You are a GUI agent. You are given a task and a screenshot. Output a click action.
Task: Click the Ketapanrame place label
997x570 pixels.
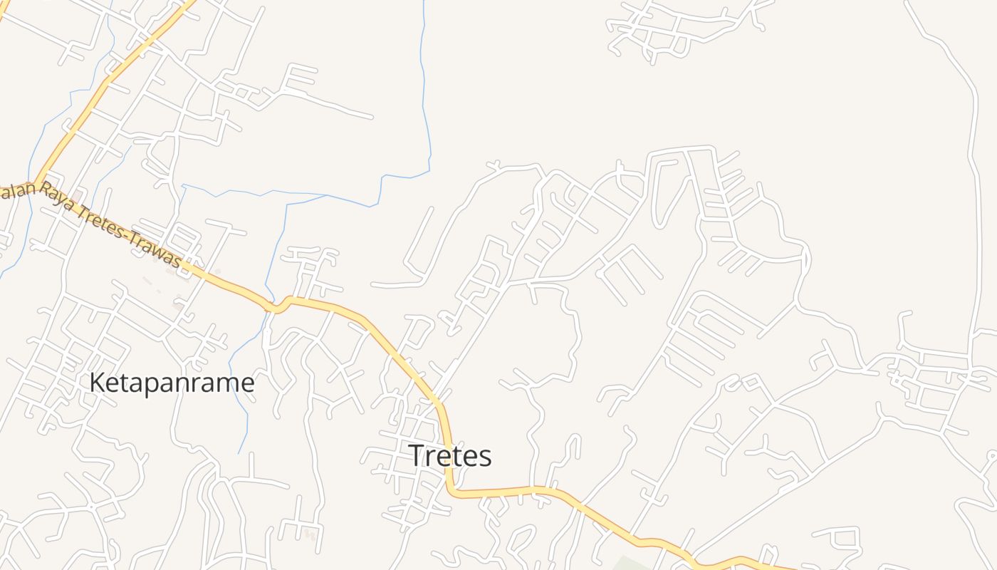pos(172,383)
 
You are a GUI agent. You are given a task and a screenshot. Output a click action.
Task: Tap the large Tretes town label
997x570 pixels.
pos(449,456)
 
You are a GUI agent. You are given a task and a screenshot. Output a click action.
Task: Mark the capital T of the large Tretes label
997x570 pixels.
pos(415,456)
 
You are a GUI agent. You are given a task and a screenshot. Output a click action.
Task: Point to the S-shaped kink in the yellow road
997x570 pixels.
pos(279,305)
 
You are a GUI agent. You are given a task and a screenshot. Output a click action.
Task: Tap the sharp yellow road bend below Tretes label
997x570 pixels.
pos(453,490)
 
